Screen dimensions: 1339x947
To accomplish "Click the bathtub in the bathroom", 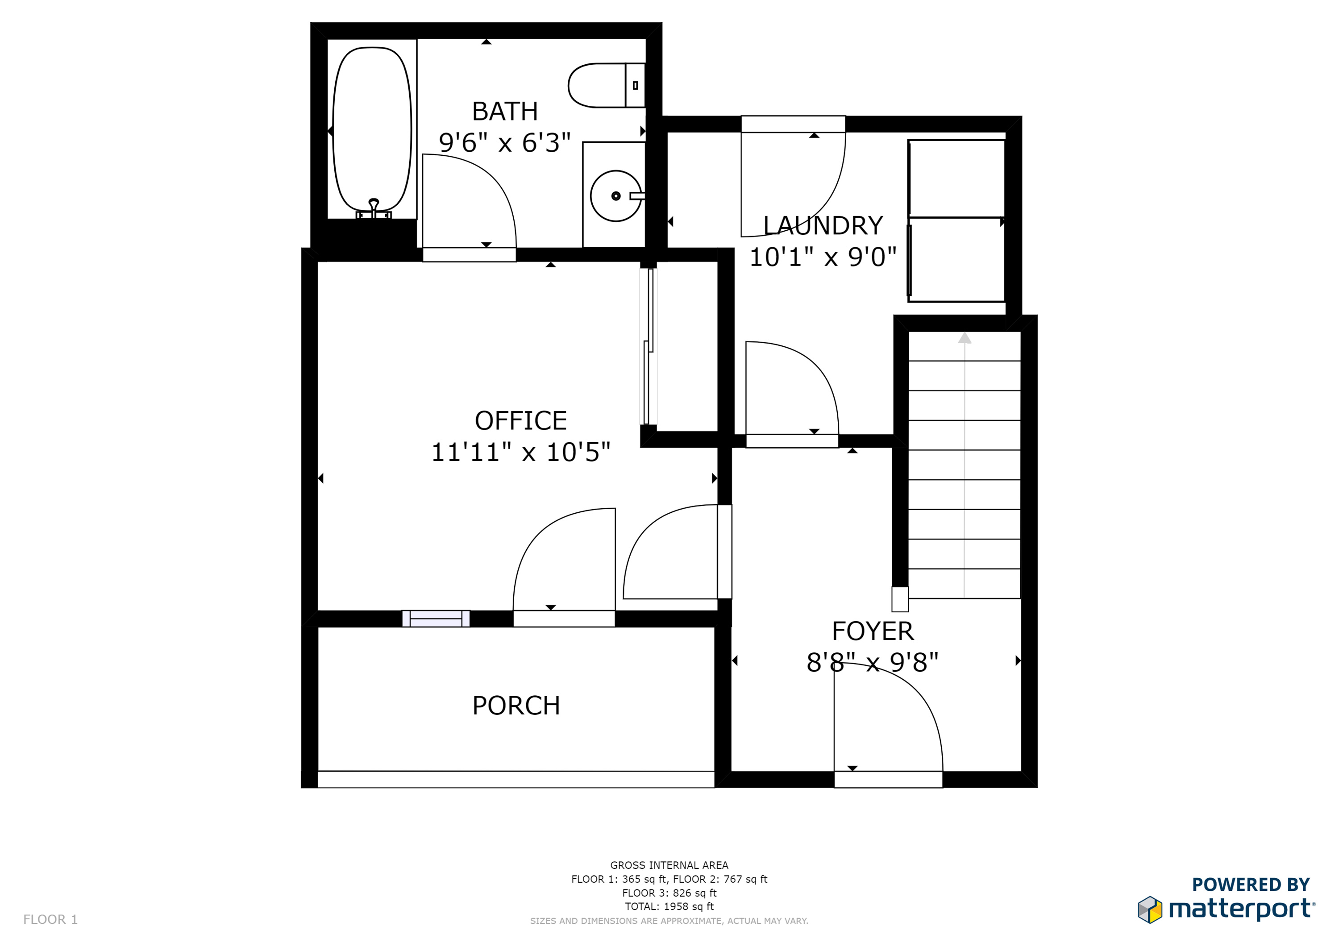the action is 372,129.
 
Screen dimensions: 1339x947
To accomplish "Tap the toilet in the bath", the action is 607,85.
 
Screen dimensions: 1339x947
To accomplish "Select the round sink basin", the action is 616,196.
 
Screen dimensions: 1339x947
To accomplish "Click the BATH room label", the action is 505,112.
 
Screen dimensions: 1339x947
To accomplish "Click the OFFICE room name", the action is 521,420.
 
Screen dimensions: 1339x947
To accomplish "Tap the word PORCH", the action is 516,706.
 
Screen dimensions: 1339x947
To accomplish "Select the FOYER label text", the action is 873,631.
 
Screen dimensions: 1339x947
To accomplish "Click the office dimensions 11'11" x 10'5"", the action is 521,452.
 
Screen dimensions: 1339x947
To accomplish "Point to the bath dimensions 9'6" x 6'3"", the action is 505,143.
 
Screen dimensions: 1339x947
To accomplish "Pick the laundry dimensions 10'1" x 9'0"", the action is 823,257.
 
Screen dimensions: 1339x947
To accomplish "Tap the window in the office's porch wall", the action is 436,618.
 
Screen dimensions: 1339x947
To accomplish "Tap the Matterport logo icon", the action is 1150,910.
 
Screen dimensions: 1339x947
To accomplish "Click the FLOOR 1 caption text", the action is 50,920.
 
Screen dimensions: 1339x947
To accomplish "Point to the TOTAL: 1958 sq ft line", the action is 669,906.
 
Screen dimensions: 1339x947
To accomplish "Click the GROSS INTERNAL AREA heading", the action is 669,865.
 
